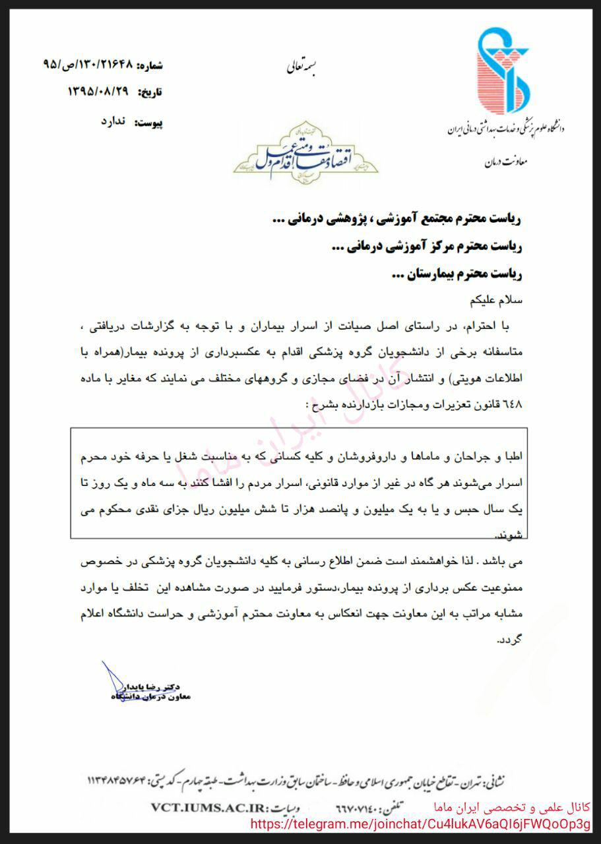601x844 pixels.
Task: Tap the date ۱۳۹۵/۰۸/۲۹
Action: [x=98, y=92]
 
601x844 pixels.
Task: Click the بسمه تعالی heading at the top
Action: [x=301, y=66]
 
